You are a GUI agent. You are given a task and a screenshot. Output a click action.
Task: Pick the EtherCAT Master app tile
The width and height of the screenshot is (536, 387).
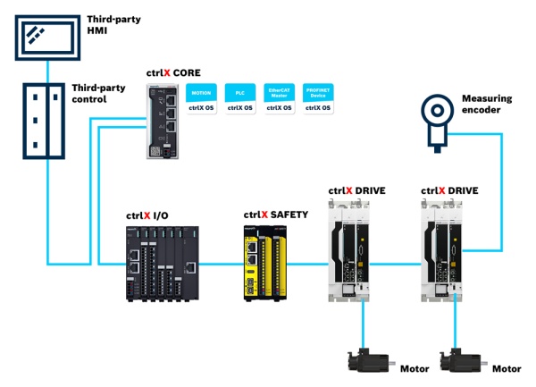point(276,98)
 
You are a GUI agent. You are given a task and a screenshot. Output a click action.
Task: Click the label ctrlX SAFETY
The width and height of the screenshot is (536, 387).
point(276,215)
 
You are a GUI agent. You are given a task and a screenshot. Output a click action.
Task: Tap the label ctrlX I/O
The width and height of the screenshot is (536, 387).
point(148,215)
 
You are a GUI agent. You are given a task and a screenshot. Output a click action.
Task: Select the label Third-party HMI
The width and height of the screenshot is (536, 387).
point(108,24)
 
